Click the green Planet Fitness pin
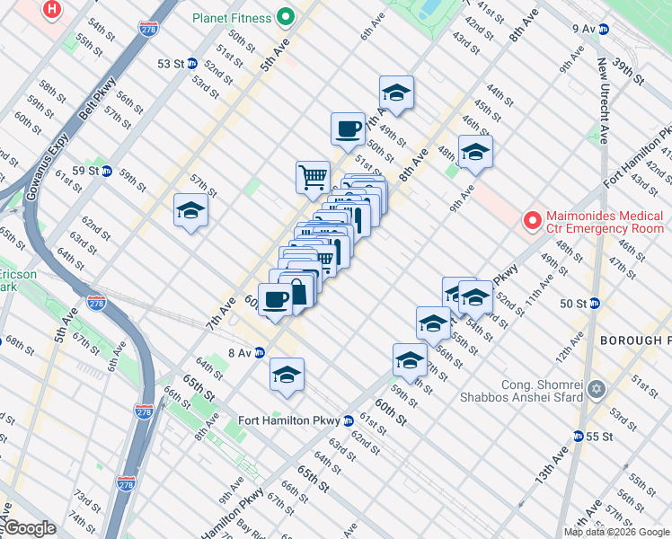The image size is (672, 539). click(286, 16)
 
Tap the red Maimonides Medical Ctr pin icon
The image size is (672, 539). click(532, 219)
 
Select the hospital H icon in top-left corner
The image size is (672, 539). click(53, 10)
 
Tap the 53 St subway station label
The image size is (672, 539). click(171, 64)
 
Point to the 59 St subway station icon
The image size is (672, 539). click(106, 171)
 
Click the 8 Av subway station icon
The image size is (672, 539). click(259, 352)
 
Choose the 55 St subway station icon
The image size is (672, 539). click(579, 436)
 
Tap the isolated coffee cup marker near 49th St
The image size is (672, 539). click(348, 128)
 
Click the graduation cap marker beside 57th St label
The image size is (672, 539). click(190, 210)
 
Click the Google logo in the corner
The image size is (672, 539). click(31, 528)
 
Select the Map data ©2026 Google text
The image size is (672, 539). click(616, 532)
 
